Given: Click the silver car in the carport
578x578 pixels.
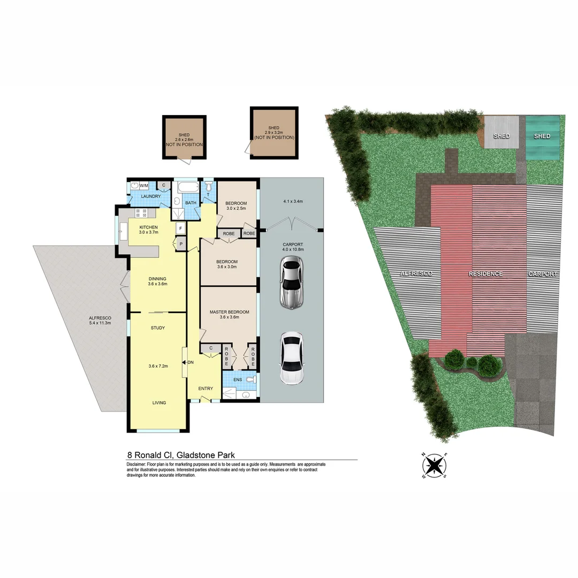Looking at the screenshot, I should click(x=292, y=282).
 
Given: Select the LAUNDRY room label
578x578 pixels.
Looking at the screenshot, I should click(x=150, y=196).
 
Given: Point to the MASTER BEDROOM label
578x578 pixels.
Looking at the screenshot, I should click(x=230, y=312).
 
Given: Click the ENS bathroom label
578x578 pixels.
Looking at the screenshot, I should click(x=238, y=379).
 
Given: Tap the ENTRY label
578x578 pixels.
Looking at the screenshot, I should click(x=206, y=389).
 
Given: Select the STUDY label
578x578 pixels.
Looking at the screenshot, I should click(x=157, y=328).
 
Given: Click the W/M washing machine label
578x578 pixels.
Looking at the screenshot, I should click(x=144, y=185).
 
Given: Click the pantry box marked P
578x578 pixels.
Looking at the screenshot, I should click(x=180, y=244).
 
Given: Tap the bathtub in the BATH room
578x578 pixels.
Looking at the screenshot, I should click(x=187, y=188).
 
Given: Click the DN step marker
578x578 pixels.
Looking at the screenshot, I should click(x=189, y=363).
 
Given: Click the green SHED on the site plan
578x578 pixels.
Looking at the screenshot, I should click(x=542, y=136).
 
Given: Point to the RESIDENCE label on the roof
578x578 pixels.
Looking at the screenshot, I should click(x=485, y=274).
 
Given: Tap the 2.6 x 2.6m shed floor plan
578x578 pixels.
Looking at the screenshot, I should click(x=185, y=138).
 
